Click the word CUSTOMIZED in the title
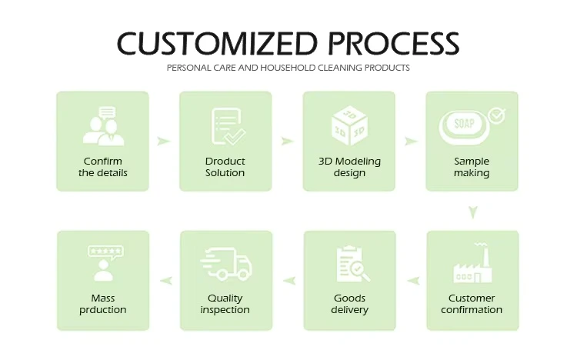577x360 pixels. (x=217, y=43)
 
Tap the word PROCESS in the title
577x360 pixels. (x=393, y=43)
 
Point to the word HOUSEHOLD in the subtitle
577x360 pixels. (x=288, y=68)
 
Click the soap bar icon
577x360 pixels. (x=465, y=127)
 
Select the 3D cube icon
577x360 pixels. (x=349, y=125)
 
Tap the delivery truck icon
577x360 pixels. (x=226, y=264)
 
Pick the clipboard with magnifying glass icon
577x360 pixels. (x=353, y=264)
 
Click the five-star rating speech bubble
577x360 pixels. (x=105, y=252)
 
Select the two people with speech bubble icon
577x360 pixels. (x=103, y=126)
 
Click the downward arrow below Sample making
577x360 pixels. (x=473, y=212)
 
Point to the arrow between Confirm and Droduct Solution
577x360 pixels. (x=163, y=141)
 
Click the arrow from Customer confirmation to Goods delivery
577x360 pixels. (x=414, y=281)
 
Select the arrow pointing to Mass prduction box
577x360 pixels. (x=166, y=281)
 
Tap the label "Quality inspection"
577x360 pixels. (x=225, y=304)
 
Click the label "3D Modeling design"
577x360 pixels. (x=349, y=167)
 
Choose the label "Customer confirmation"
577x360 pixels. (x=472, y=304)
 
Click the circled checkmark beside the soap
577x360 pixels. (x=496, y=115)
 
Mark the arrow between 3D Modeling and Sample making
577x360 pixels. (x=411, y=141)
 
